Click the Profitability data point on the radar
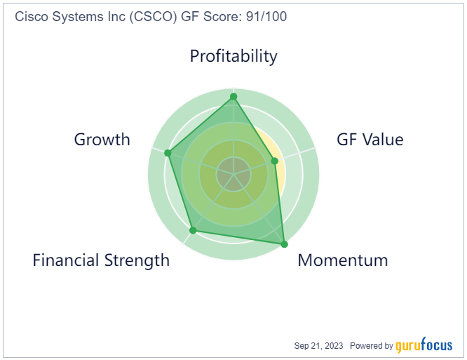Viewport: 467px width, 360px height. coord(233,97)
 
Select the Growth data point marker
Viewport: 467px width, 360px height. coord(168,153)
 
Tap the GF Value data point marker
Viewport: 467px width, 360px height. coord(275,161)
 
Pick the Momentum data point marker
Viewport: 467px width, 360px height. coord(285,244)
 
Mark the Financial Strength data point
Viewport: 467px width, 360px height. coord(193,230)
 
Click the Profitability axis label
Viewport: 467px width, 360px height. coord(233,56)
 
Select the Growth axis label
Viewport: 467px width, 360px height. coord(102,140)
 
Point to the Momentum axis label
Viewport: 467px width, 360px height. coord(343,260)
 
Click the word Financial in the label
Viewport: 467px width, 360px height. coord(66,260)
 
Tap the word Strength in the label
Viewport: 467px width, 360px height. coord(137,261)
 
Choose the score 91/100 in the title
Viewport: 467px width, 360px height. coord(266,16)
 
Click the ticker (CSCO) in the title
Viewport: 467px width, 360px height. coord(154,17)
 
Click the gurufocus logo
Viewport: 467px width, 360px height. coord(424,345)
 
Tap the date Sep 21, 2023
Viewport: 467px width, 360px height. coord(318,346)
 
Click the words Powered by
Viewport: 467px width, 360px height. coord(372,346)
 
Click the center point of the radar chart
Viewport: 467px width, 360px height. coord(233,174)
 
